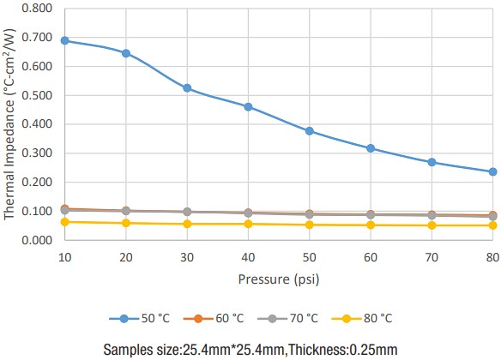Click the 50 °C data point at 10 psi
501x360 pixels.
(64, 40)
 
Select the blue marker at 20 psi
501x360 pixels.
(126, 53)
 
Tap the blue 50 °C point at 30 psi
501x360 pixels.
(187, 88)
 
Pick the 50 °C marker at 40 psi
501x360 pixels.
(248, 107)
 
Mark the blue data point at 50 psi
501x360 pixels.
(310, 131)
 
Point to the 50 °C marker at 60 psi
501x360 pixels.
(371, 148)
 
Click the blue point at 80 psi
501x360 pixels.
(493, 171)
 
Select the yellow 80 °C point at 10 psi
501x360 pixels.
(64, 222)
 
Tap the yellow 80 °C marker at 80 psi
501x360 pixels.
(493, 225)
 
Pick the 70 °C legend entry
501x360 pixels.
(287, 318)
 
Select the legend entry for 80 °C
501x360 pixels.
(361, 318)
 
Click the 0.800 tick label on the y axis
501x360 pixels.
(38, 9)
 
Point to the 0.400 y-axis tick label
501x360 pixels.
(38, 124)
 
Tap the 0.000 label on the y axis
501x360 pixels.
(38, 240)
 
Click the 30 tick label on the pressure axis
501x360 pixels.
(187, 257)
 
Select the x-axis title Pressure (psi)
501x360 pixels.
(279, 279)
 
